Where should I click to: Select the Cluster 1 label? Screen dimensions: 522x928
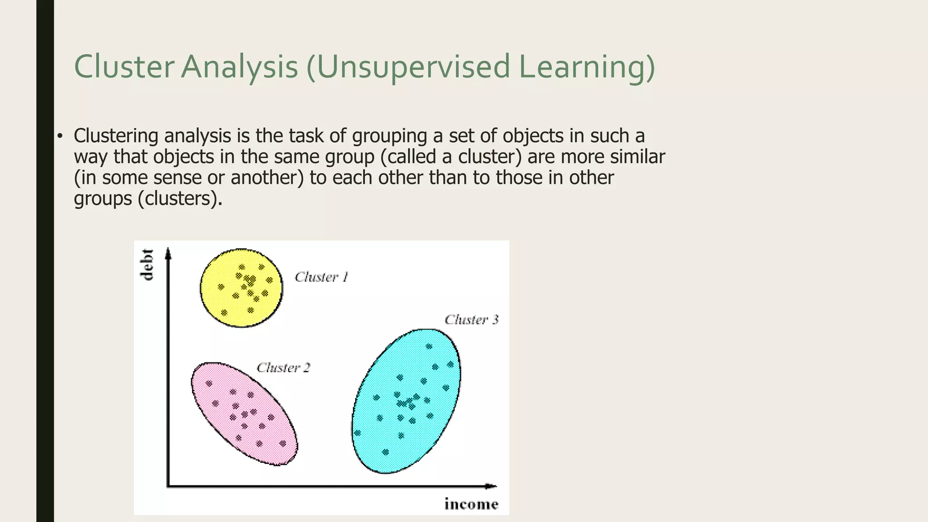click(321, 277)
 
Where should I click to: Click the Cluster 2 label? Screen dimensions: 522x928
click(283, 367)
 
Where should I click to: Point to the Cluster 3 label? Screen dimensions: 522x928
click(471, 320)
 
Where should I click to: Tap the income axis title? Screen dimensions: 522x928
click(471, 504)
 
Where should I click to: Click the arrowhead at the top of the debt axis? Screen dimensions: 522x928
click(168, 253)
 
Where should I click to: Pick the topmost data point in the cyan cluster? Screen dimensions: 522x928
click(429, 347)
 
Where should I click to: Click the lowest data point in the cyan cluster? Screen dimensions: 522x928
click(386, 452)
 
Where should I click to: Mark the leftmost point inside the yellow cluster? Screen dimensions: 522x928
click(221, 287)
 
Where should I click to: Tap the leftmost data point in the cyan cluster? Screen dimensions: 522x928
click(358, 433)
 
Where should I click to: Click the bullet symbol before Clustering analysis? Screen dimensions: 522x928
click(59, 136)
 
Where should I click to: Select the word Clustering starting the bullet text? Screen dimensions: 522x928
click(116, 136)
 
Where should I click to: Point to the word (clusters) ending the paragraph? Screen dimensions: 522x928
click(180, 198)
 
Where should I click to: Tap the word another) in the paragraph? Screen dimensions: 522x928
click(267, 178)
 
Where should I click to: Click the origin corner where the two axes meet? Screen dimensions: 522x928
click(168, 486)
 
